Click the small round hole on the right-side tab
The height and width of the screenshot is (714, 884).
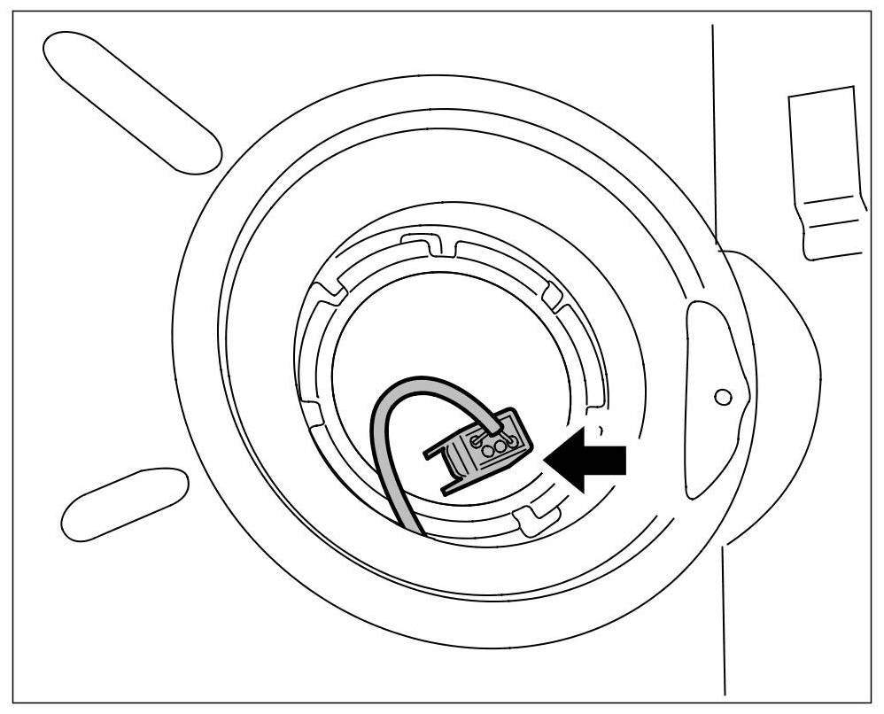coord(723,396)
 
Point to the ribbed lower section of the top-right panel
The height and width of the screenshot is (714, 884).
coord(834,226)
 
